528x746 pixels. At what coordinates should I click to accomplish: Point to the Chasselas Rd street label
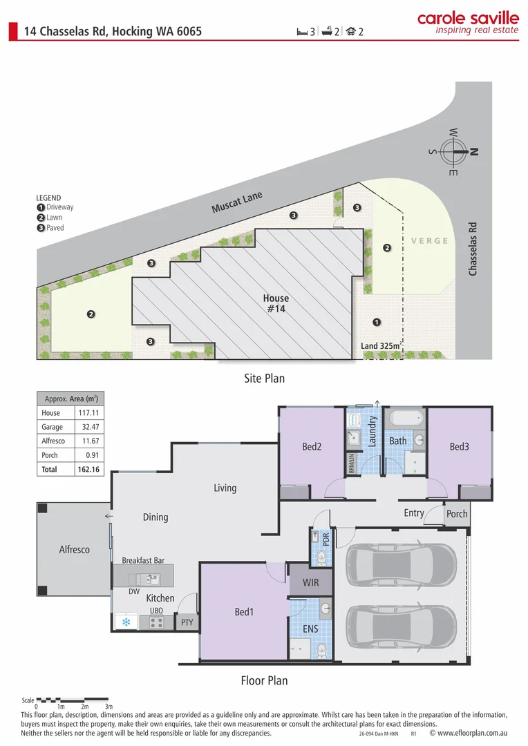(473, 249)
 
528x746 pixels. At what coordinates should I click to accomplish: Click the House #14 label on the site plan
(276, 304)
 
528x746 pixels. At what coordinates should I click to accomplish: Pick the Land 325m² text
(381, 345)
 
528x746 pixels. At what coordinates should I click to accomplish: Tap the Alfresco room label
(74, 550)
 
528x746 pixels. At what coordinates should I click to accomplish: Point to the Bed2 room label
(312, 447)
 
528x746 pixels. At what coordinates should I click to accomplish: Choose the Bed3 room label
(459, 447)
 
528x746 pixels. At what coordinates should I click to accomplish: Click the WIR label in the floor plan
(310, 582)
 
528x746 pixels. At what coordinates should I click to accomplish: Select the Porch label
(457, 514)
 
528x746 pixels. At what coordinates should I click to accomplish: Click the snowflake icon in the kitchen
(126, 622)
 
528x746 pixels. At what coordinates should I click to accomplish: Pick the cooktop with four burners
(156, 622)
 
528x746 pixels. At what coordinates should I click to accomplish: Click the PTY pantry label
(187, 622)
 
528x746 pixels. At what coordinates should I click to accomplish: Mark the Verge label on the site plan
(429, 241)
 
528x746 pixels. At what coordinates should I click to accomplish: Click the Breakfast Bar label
(143, 561)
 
